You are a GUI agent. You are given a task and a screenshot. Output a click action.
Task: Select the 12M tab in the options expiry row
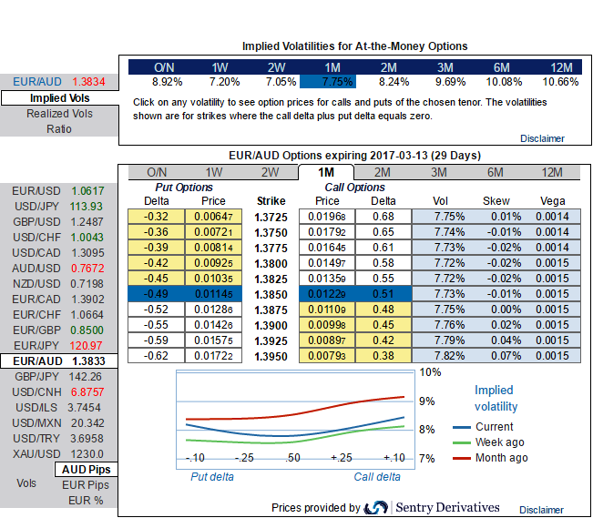[551, 172]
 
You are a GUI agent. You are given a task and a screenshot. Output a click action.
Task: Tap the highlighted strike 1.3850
[270, 296]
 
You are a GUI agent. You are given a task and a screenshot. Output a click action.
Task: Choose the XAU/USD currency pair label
[36, 453]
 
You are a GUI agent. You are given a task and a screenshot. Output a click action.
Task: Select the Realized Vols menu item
[59, 114]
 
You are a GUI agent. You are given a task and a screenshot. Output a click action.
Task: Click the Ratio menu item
[59, 129]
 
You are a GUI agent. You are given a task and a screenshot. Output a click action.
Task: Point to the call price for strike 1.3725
[326, 217]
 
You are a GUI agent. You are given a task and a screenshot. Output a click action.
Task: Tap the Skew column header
[496, 200]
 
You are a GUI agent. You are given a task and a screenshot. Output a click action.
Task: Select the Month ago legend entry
[501, 458]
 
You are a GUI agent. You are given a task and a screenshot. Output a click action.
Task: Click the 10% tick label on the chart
[430, 372]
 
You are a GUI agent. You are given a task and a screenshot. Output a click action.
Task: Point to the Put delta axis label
[211, 476]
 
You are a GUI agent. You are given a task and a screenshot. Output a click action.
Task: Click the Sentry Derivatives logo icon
[375, 507]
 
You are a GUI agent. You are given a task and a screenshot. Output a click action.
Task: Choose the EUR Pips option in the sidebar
[86, 484]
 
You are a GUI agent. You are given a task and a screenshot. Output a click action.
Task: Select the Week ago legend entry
[500, 442]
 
